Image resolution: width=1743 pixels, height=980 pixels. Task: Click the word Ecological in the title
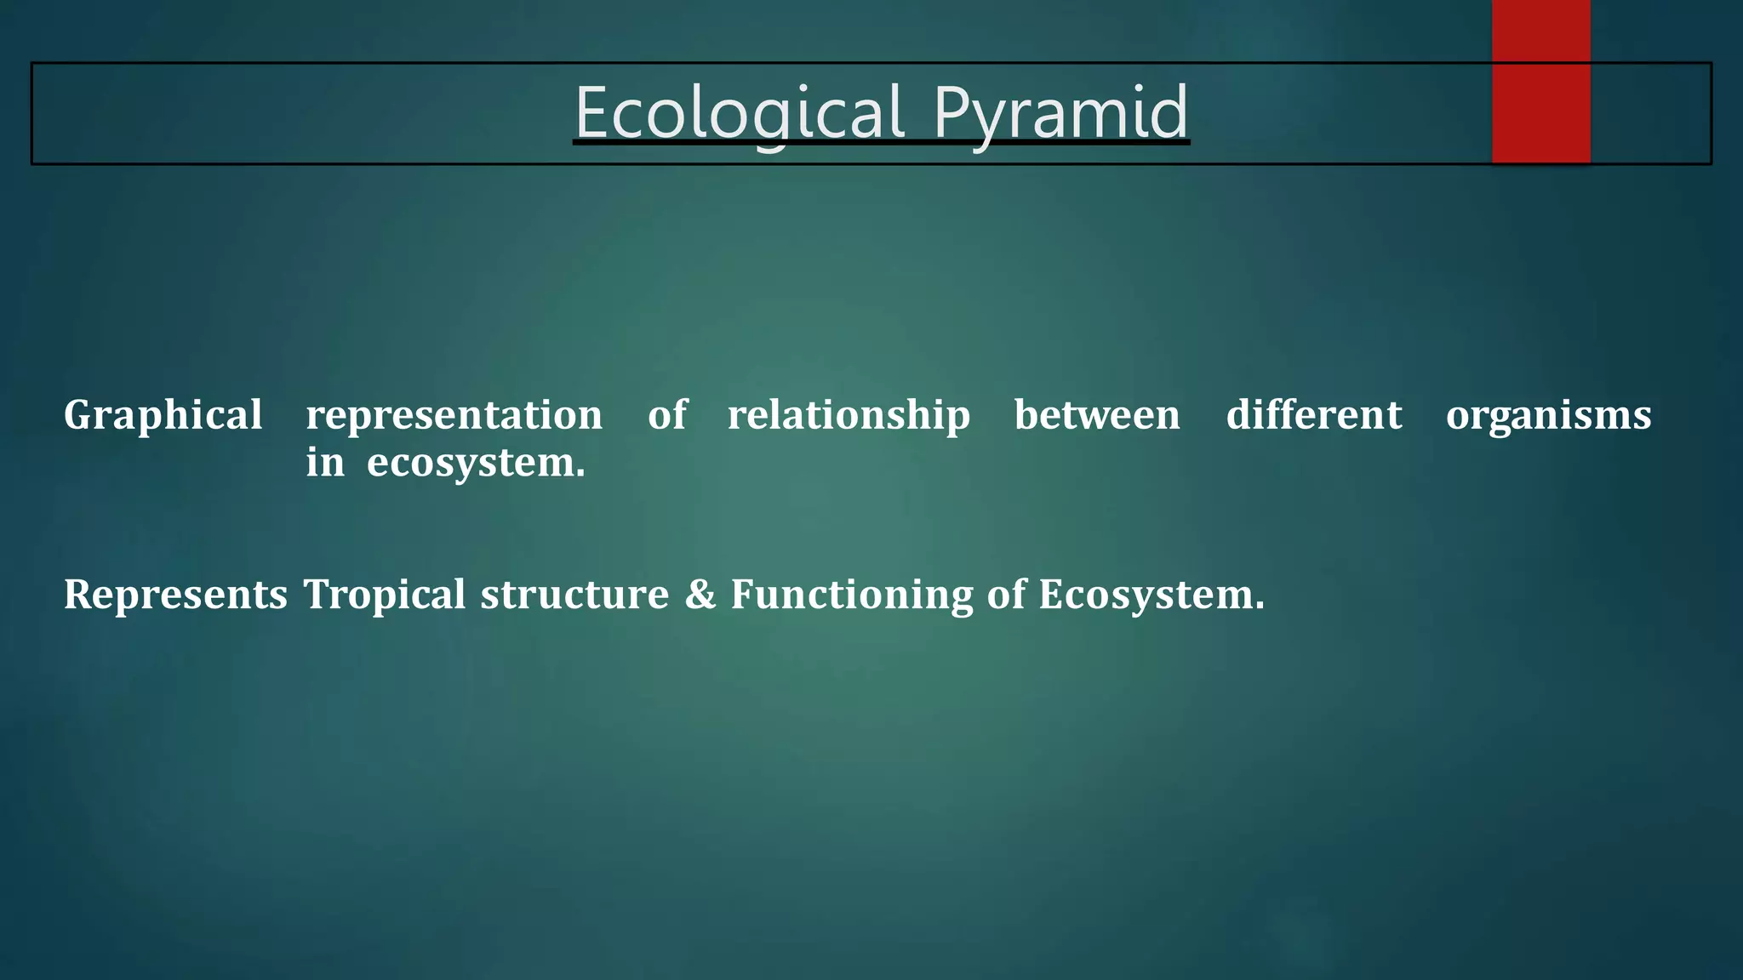(739, 112)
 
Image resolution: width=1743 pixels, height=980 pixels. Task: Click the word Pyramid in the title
(1060, 112)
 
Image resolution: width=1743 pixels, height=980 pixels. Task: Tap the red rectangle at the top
(1540, 81)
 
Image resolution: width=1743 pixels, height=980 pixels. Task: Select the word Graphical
(163, 416)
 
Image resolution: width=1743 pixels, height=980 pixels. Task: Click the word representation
(454, 416)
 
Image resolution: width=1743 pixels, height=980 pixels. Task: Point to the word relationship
(849, 416)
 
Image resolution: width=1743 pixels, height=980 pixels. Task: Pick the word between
(1097, 416)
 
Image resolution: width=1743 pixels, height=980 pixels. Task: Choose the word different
(1313, 416)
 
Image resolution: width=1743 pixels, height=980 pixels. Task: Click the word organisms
(1548, 416)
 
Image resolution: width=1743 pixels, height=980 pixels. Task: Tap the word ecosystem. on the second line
(476, 464)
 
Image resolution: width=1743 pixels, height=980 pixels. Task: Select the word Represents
(175, 595)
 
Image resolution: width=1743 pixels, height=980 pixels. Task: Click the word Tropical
(385, 595)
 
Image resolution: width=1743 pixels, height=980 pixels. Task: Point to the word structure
(574, 595)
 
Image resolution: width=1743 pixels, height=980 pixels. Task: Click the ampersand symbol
(700, 595)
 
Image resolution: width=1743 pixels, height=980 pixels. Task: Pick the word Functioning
(851, 595)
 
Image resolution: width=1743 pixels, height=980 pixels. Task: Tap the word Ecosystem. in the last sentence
(1151, 595)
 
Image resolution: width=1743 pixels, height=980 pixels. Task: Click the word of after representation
(666, 416)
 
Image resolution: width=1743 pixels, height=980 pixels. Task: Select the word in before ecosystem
(325, 464)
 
